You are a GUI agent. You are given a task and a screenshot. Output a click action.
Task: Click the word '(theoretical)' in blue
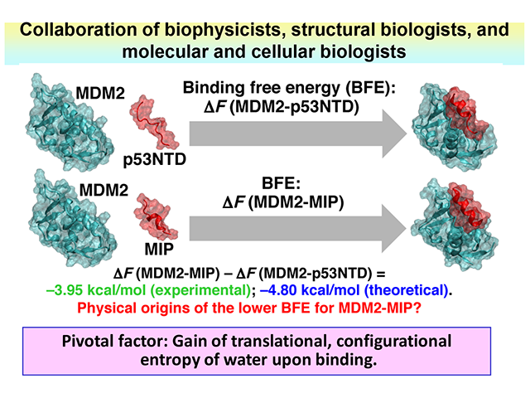[x=399, y=289]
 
